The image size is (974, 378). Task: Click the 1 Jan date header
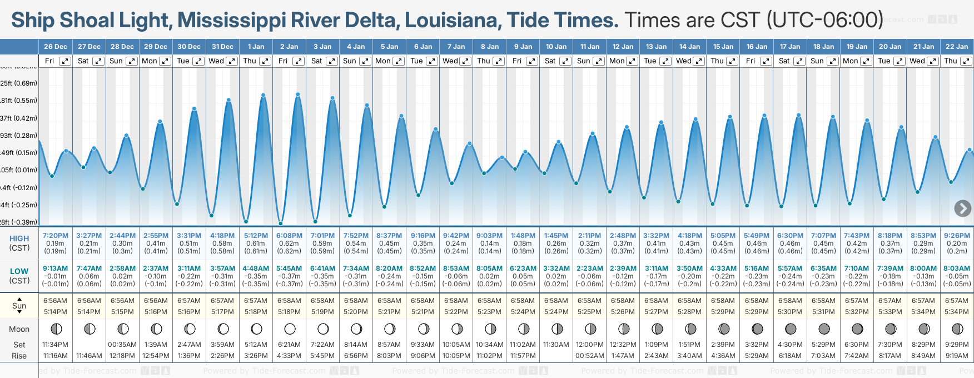pyautogui.click(x=256, y=47)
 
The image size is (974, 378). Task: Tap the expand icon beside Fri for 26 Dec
pyautogui.click(x=65, y=61)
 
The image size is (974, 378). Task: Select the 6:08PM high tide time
pyautogui.click(x=289, y=236)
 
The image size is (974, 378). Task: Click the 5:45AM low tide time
pyautogui.click(x=289, y=268)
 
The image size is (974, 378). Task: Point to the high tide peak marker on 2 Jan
pyautogui.click(x=298, y=94)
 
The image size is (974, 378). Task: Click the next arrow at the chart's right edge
pyautogui.click(x=962, y=208)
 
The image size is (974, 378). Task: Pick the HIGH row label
pyautogui.click(x=19, y=238)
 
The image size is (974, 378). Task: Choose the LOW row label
pyautogui.click(x=19, y=271)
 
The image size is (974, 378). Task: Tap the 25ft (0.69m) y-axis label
pyautogui.click(x=19, y=83)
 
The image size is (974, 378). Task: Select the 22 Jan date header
pyautogui.click(x=957, y=47)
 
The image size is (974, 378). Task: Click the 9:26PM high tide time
pyautogui.click(x=957, y=236)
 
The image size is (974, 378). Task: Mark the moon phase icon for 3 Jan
pyautogui.click(x=323, y=329)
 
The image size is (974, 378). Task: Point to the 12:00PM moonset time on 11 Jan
pyautogui.click(x=590, y=345)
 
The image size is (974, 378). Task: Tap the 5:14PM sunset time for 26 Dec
pyautogui.click(x=56, y=312)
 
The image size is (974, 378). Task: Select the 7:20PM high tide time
pyautogui.click(x=56, y=236)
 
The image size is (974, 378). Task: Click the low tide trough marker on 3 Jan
pyautogui.click(x=315, y=222)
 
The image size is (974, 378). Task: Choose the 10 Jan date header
pyautogui.click(x=556, y=47)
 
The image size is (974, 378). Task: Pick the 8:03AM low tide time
pyautogui.click(x=957, y=268)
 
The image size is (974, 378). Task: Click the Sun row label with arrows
pyautogui.click(x=19, y=305)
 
